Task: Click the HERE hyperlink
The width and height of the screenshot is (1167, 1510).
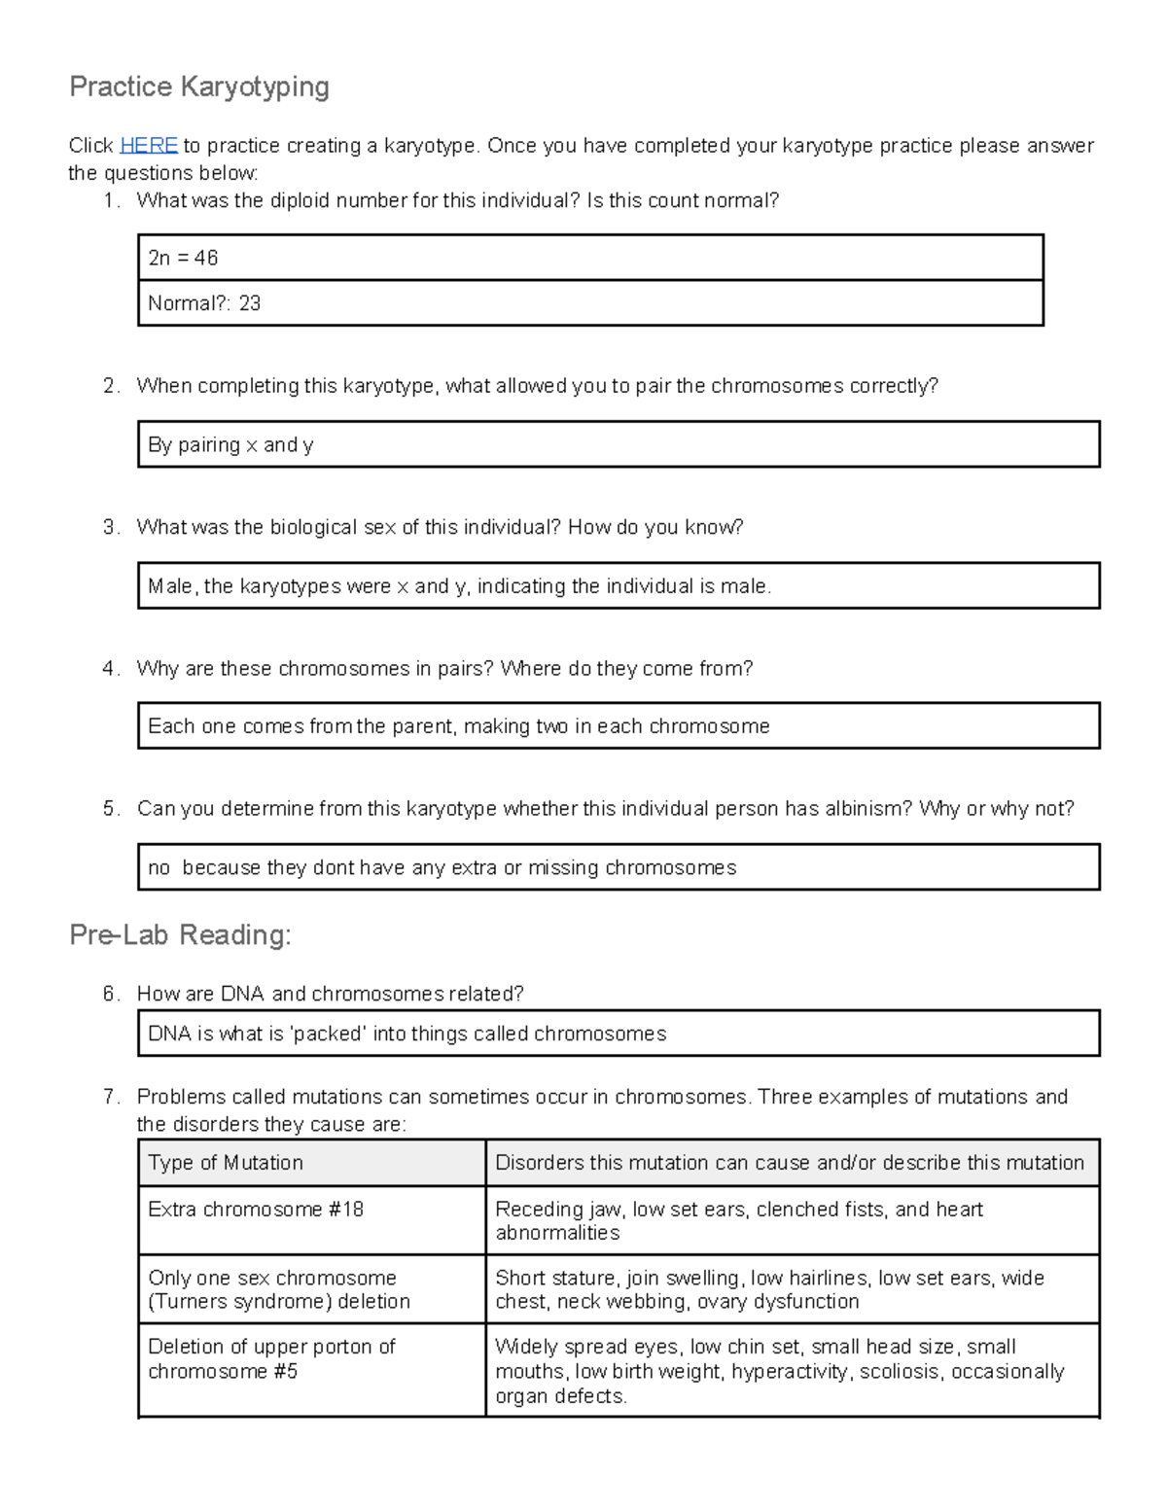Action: coord(148,146)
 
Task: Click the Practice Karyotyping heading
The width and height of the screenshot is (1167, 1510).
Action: coord(199,88)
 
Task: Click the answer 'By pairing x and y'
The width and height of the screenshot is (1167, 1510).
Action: coord(230,445)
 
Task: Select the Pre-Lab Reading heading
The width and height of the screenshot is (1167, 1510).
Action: coord(180,935)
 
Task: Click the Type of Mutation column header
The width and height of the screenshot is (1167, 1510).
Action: coord(226,1163)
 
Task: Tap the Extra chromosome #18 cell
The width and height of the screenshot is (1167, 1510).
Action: coord(256,1210)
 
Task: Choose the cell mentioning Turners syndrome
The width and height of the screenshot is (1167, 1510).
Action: coord(279,1290)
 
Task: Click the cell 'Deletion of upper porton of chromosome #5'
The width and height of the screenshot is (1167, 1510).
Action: coord(272,1359)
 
